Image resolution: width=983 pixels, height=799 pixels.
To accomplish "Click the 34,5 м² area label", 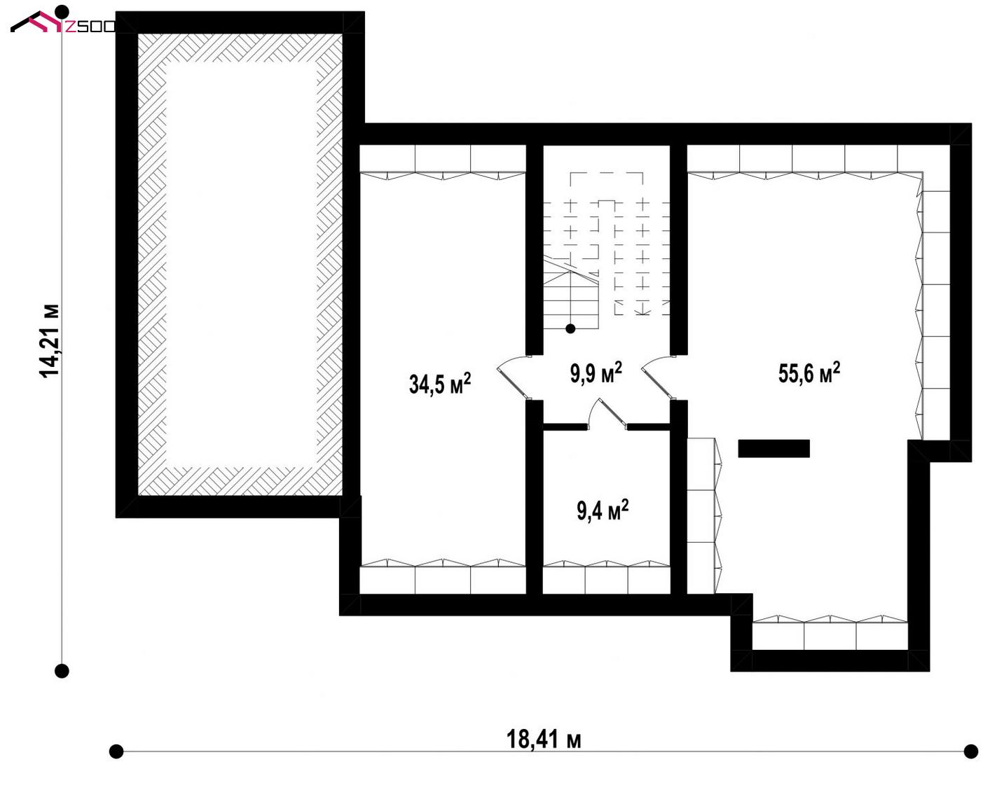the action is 440,383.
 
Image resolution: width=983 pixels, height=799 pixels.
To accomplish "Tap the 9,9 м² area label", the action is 596,373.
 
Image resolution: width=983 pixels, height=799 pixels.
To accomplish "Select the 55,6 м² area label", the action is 809,373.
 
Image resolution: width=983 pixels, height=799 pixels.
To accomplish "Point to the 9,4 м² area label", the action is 603,510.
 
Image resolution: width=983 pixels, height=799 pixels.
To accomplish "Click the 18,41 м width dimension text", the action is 544,739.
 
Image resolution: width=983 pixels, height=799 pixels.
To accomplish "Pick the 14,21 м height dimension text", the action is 49,341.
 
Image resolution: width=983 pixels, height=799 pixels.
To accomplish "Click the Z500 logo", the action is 63,22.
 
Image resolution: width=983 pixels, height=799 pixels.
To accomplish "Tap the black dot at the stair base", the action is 570,328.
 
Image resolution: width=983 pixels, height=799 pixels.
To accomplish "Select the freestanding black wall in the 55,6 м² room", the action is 774,448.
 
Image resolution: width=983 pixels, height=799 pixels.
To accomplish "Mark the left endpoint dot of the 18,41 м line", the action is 116,751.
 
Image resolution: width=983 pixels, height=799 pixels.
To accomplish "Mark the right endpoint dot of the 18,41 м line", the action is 971,751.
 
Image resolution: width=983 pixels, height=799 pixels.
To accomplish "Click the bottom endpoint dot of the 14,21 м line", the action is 62,671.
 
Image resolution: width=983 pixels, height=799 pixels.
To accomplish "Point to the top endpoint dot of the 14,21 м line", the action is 62,11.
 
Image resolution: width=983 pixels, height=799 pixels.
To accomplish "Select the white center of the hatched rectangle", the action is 241,264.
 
